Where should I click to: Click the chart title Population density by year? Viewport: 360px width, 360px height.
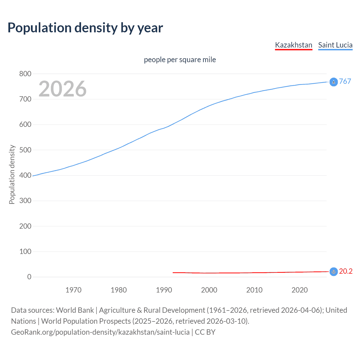tap(85, 28)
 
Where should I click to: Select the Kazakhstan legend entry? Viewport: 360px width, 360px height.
tap(293, 45)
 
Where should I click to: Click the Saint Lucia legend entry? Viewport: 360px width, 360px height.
tap(335, 45)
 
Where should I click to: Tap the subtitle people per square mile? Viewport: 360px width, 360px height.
tap(180, 60)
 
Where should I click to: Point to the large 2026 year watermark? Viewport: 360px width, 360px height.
tap(62, 89)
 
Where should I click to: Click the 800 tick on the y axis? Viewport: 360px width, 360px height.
tap(25, 74)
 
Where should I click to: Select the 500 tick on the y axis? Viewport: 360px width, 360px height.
tap(25, 150)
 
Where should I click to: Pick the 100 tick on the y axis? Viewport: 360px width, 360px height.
tap(25, 251)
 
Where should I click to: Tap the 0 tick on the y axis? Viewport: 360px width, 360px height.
tap(29, 277)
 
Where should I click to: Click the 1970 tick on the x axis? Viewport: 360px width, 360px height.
tap(73, 290)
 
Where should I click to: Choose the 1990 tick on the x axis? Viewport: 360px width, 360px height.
tap(164, 290)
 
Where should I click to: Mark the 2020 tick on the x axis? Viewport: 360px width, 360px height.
tap(300, 290)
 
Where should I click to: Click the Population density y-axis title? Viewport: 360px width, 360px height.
tap(12, 174)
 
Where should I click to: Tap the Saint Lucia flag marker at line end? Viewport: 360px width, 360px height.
tap(334, 82)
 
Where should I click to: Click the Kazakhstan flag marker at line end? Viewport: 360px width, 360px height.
tap(334, 272)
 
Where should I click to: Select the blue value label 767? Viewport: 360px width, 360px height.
tap(345, 81)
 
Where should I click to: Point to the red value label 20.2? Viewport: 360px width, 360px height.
tap(346, 271)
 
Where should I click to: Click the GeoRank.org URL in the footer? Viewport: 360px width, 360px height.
tap(100, 332)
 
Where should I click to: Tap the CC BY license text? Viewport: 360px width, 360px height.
tap(205, 332)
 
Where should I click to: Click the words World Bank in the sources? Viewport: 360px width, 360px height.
tap(75, 310)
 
